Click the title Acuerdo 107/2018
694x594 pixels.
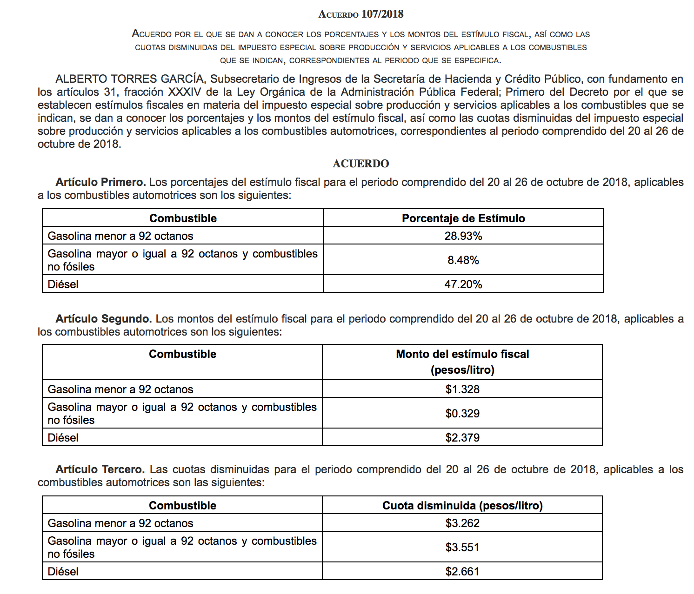(x=360, y=14)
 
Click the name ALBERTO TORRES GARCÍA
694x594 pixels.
(x=129, y=79)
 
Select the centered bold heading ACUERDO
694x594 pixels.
(x=360, y=164)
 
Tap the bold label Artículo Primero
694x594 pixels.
(x=100, y=182)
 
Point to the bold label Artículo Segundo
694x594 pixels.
(x=103, y=319)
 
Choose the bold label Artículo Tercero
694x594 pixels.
(x=100, y=469)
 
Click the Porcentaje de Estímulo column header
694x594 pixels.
(x=463, y=218)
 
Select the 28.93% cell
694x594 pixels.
(x=463, y=236)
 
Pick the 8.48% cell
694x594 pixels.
(x=463, y=260)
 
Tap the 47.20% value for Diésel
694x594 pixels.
(x=463, y=284)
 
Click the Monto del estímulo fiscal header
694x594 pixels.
(x=462, y=355)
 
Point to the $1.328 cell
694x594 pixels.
(x=462, y=389)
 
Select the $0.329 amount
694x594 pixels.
(x=462, y=414)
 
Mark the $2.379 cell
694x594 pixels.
(x=462, y=438)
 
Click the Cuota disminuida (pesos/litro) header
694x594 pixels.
(x=462, y=506)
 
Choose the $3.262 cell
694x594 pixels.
(x=462, y=523)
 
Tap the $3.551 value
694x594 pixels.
(x=462, y=548)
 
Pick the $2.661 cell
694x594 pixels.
(x=462, y=572)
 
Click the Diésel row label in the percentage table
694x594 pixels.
(x=63, y=284)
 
